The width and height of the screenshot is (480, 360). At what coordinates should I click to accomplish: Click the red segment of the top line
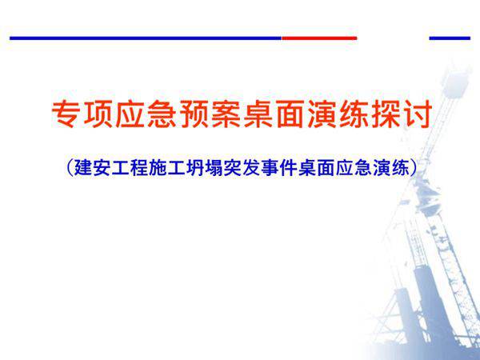pos(318,38)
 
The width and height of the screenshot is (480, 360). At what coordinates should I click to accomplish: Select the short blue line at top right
pos(450,38)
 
